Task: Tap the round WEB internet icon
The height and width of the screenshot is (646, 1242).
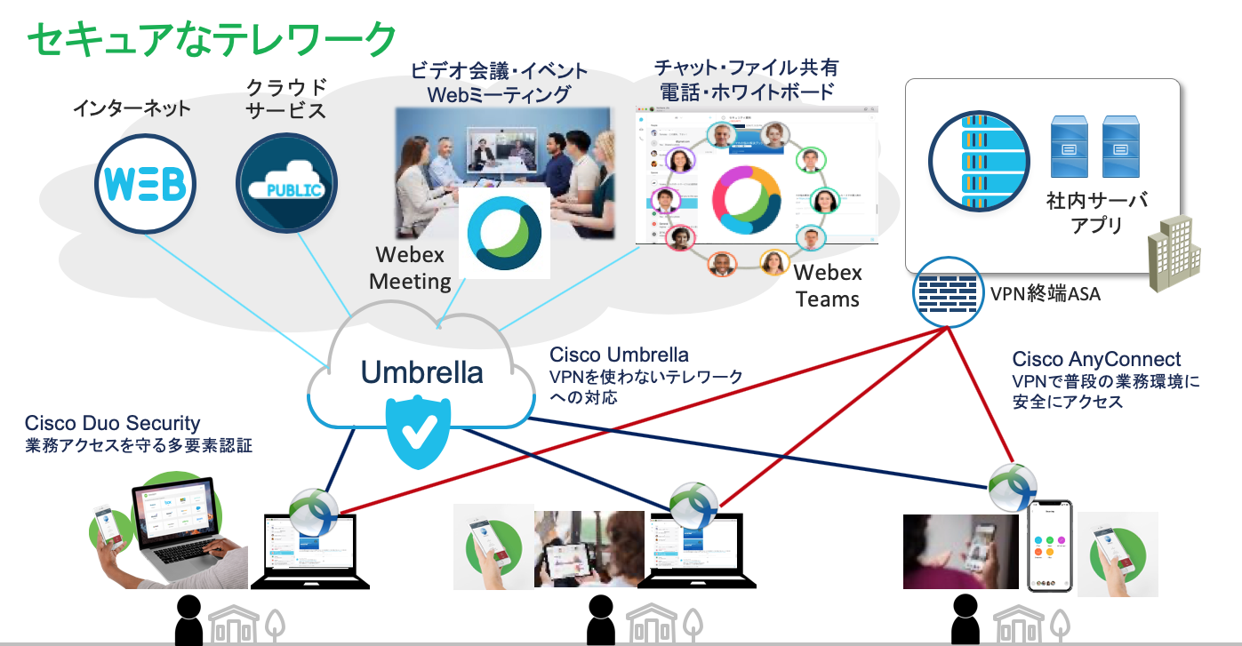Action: (143, 182)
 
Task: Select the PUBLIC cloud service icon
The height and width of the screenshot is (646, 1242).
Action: (286, 183)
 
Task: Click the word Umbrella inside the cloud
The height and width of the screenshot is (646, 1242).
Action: (422, 371)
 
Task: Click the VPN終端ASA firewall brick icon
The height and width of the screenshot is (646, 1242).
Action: (948, 291)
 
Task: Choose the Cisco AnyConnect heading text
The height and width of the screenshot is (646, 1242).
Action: (1096, 359)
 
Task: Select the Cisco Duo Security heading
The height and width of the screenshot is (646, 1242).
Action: (113, 423)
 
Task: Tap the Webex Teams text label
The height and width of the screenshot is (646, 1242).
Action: (828, 286)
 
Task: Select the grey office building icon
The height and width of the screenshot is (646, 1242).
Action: (1175, 252)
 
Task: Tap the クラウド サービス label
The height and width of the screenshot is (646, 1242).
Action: (286, 99)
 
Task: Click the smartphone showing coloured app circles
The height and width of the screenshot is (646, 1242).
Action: (1050, 546)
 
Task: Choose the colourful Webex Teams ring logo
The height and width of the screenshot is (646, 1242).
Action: (746, 198)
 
